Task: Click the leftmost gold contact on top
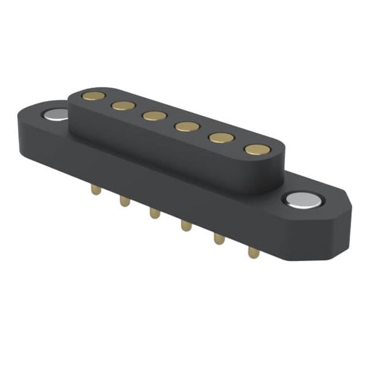pos(93,95)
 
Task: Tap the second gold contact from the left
pos(123,105)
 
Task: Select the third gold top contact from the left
pos(154,116)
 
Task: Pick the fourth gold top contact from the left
pos(187,127)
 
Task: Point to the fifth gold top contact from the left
pos(220,138)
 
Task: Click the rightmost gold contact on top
pos(257,149)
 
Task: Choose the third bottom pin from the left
pos(154,213)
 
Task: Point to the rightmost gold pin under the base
pos(253,251)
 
